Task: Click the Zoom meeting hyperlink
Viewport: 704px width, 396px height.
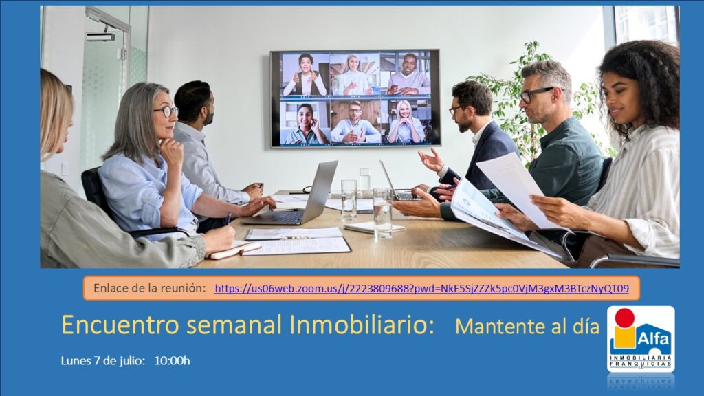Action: pyautogui.click(x=421, y=288)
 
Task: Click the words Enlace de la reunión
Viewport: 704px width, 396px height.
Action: pyautogui.click(x=150, y=288)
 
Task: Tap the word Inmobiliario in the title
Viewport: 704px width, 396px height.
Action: pyautogui.click(x=362, y=324)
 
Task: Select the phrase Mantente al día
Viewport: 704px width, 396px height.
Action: pyautogui.click(x=527, y=327)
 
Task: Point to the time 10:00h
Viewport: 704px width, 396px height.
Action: pyautogui.click(x=172, y=360)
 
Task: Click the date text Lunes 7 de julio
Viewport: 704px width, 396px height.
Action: pyautogui.click(x=103, y=361)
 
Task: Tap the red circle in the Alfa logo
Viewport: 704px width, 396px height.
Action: pyautogui.click(x=624, y=317)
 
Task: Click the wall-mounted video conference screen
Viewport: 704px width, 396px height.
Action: pyautogui.click(x=355, y=98)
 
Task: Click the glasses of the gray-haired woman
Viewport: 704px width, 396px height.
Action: pyautogui.click(x=166, y=111)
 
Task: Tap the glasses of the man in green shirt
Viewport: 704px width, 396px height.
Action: pyautogui.click(x=535, y=94)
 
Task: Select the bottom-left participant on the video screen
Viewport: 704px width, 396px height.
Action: pyautogui.click(x=305, y=123)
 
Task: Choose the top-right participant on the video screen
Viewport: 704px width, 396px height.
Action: pyautogui.click(x=406, y=74)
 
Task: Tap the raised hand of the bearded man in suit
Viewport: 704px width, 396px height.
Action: pyautogui.click(x=432, y=159)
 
